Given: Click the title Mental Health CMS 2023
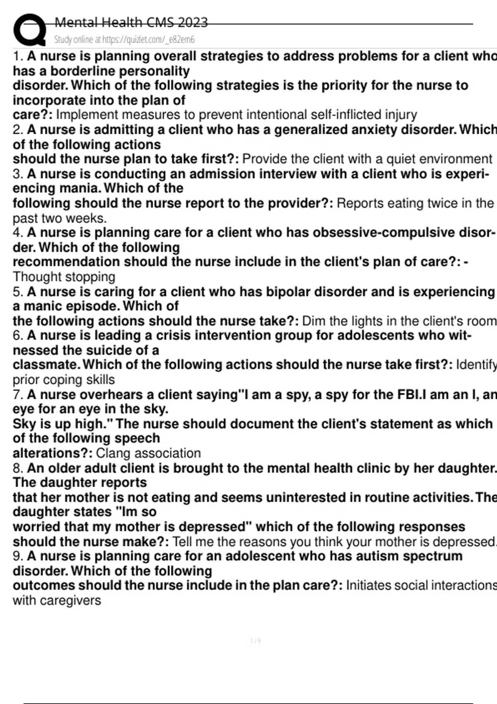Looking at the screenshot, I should (x=131, y=22).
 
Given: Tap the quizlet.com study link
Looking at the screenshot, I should (x=124, y=40).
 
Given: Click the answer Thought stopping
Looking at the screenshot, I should (x=64, y=277).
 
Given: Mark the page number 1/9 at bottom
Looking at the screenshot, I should (x=256, y=641).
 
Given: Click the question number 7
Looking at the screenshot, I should (x=17, y=395).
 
